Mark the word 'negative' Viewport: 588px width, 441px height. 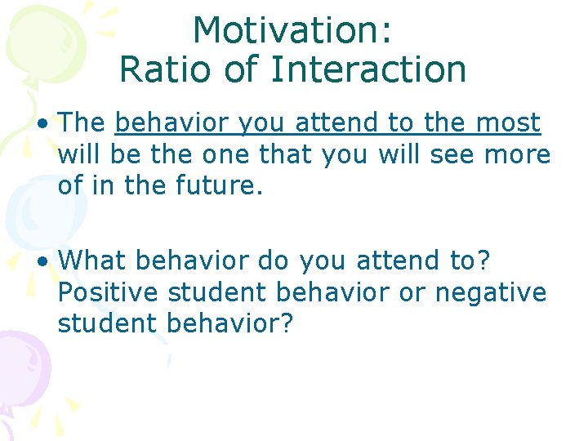(490, 292)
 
